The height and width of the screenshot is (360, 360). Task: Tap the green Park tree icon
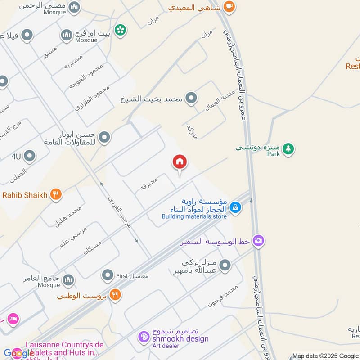(288, 148)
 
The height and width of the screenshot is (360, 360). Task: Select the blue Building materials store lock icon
(234, 207)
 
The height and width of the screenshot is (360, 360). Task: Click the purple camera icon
(258, 241)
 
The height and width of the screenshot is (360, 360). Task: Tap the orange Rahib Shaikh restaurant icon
(56, 195)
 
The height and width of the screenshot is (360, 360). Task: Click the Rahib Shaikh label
(25, 195)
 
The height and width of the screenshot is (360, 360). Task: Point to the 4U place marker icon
(30, 157)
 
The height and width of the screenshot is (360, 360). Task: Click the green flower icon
(120, 30)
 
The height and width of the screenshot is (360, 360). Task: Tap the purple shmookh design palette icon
(144, 337)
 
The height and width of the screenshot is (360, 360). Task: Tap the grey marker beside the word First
(108, 274)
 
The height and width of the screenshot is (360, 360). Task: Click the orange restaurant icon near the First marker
(115, 295)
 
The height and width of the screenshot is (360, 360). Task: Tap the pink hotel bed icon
(13, 319)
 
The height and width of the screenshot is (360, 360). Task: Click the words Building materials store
(194, 216)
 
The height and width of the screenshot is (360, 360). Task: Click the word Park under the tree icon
(273, 154)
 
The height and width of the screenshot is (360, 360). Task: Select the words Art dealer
(166, 346)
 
